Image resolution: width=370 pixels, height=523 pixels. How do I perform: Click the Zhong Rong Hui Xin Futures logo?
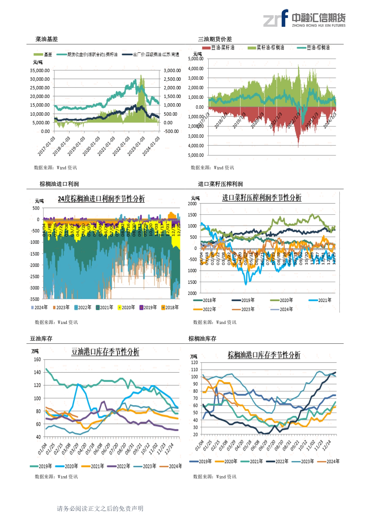pyautogui.click(x=304, y=18)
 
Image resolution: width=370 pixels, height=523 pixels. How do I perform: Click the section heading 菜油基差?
pyautogui.click(x=47, y=39)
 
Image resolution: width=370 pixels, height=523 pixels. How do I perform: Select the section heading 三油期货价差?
pyautogui.click(x=215, y=39)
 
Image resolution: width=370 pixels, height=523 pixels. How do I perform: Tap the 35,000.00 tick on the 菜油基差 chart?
pyautogui.click(x=40, y=71)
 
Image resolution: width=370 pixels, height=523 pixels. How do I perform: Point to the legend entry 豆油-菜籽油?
pyautogui.click(x=219, y=48)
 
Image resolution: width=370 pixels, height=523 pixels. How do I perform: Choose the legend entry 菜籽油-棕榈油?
pyautogui.click(x=266, y=48)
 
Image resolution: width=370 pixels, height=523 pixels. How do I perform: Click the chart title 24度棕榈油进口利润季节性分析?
pyautogui.click(x=101, y=199)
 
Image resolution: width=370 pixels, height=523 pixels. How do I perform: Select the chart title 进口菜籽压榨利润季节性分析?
pyautogui.click(x=261, y=198)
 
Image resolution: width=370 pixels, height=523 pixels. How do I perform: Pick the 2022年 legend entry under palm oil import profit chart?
pyautogui.click(x=83, y=308)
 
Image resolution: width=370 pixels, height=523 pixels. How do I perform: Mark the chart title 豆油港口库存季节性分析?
pyautogui.click(x=105, y=352)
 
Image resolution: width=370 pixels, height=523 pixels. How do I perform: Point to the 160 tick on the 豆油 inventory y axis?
pyautogui.click(x=37, y=360)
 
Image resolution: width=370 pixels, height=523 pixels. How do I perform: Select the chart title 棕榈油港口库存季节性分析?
pyautogui.click(x=264, y=355)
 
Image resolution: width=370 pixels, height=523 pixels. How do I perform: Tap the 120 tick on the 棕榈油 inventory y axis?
pyautogui.click(x=194, y=363)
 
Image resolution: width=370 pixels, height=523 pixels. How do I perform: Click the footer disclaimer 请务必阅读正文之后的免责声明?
pyautogui.click(x=100, y=508)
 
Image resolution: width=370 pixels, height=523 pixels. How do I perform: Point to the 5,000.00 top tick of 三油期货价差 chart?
pyautogui.click(x=196, y=59)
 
